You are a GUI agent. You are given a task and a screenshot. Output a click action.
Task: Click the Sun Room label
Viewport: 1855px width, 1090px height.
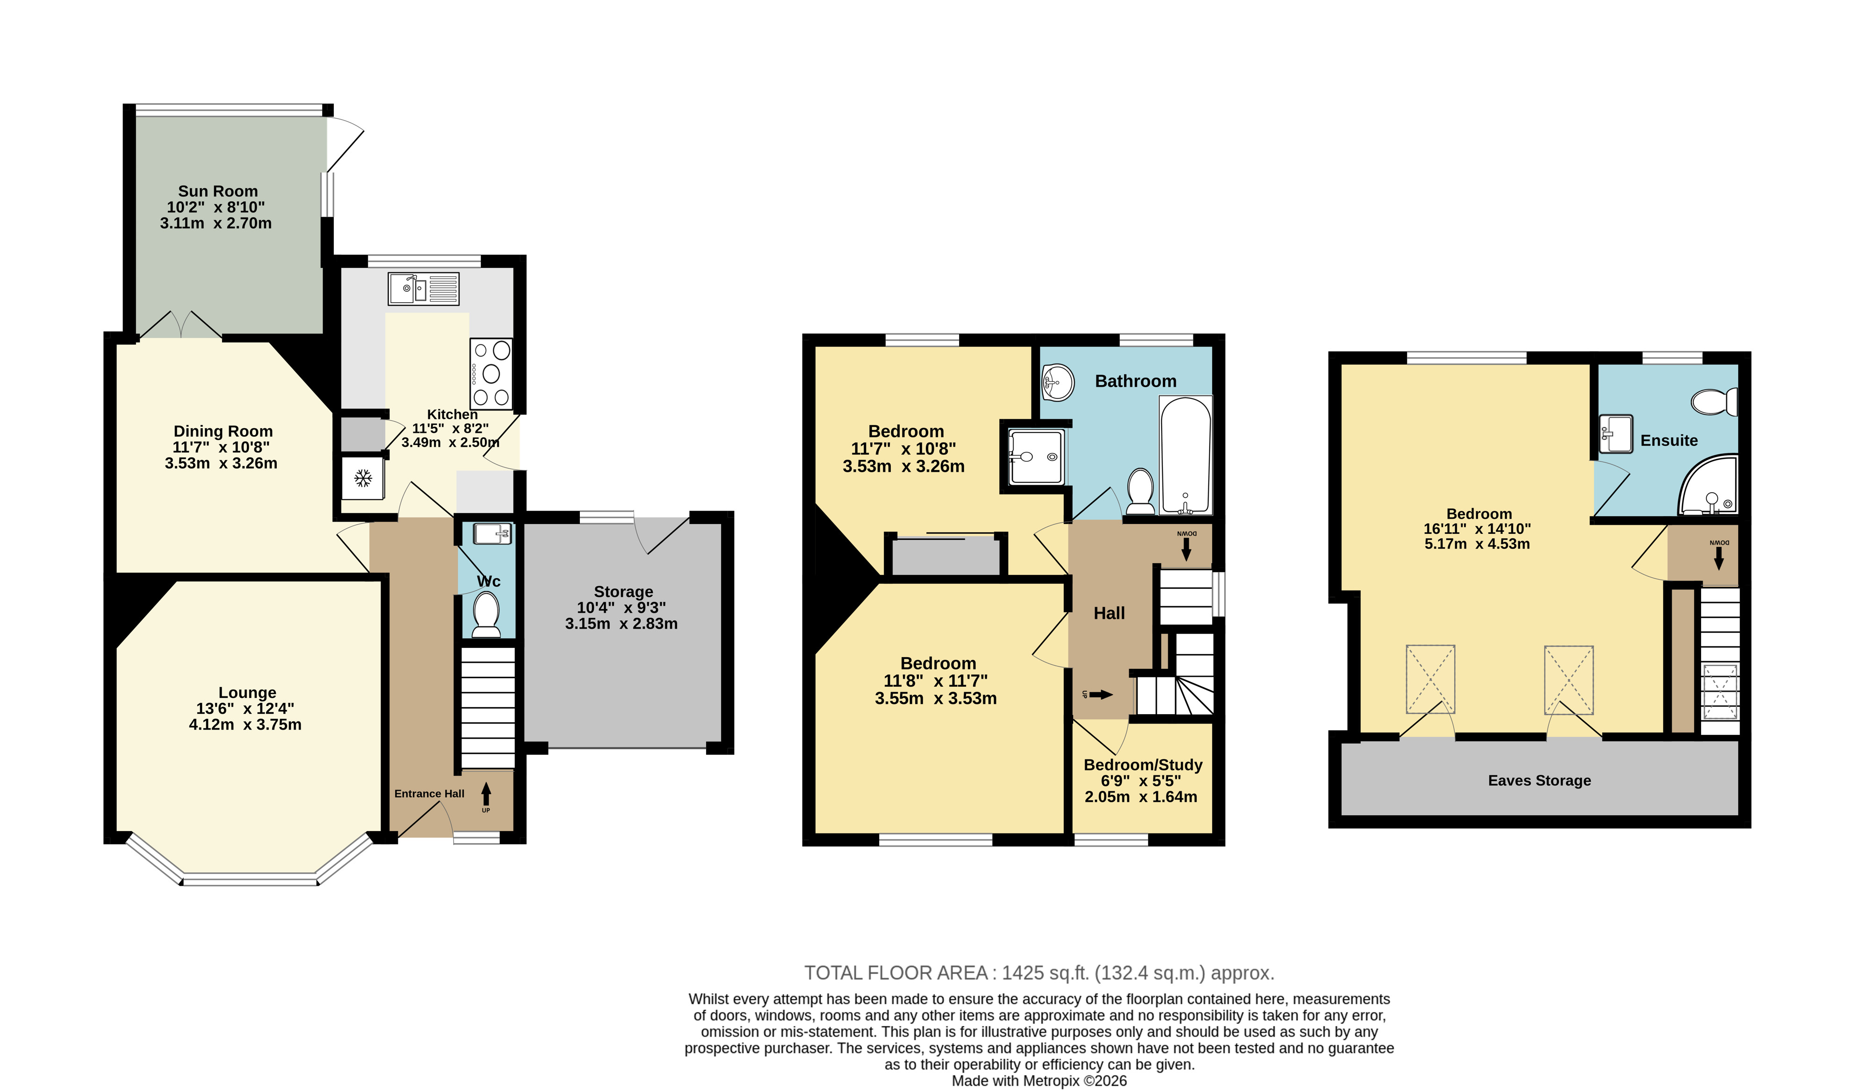coord(218,191)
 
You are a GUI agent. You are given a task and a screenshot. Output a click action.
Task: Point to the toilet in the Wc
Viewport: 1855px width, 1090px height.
coord(486,615)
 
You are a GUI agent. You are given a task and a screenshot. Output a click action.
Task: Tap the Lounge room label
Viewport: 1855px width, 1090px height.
coord(247,693)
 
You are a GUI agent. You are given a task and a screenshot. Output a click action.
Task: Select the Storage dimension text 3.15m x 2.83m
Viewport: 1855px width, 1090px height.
coord(621,624)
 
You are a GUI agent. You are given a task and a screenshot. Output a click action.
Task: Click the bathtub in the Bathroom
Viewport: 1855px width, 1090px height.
coord(1185,455)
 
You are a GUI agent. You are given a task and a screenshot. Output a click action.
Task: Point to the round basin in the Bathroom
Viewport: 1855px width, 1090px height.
coord(1057,382)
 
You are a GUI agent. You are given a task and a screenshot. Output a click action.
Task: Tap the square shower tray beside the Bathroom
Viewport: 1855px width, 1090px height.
coord(1036,456)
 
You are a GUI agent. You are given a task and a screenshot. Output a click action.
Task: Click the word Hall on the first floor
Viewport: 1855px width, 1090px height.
coord(1109,613)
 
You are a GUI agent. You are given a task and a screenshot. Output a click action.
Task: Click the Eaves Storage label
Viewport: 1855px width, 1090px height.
coord(1539,780)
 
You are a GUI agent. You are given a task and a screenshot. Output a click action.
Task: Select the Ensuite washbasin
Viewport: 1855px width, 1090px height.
coord(1616,433)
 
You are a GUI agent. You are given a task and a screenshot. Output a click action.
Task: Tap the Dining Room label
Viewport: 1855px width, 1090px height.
coord(223,431)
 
